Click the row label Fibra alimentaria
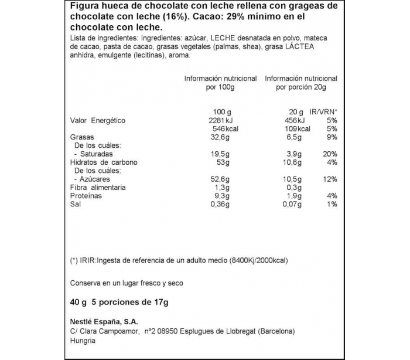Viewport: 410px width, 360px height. pyautogui.click(x=97, y=187)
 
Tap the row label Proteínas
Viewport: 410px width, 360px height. pyautogui.click(x=86, y=196)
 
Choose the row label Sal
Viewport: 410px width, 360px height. pyautogui.click(x=76, y=204)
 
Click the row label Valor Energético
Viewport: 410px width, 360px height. pyautogui.click(x=98, y=121)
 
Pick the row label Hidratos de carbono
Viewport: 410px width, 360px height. pyautogui.click(x=101, y=162)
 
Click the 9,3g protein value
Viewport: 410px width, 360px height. pyautogui.click(x=221, y=196)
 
